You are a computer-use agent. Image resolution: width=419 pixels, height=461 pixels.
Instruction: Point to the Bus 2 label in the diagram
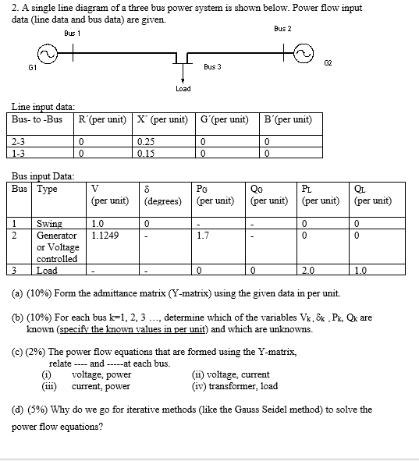pos(282,29)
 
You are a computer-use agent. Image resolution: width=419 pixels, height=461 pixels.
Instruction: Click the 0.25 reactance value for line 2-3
pos(144,141)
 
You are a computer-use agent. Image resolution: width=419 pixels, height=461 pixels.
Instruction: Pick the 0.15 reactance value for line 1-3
pos(144,152)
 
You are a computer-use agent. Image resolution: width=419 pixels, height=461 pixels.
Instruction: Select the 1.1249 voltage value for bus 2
pos(103,233)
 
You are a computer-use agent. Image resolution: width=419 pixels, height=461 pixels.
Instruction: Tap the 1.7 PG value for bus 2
pos(203,233)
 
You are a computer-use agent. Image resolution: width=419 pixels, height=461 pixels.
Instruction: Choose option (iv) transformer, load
pos(234,385)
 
